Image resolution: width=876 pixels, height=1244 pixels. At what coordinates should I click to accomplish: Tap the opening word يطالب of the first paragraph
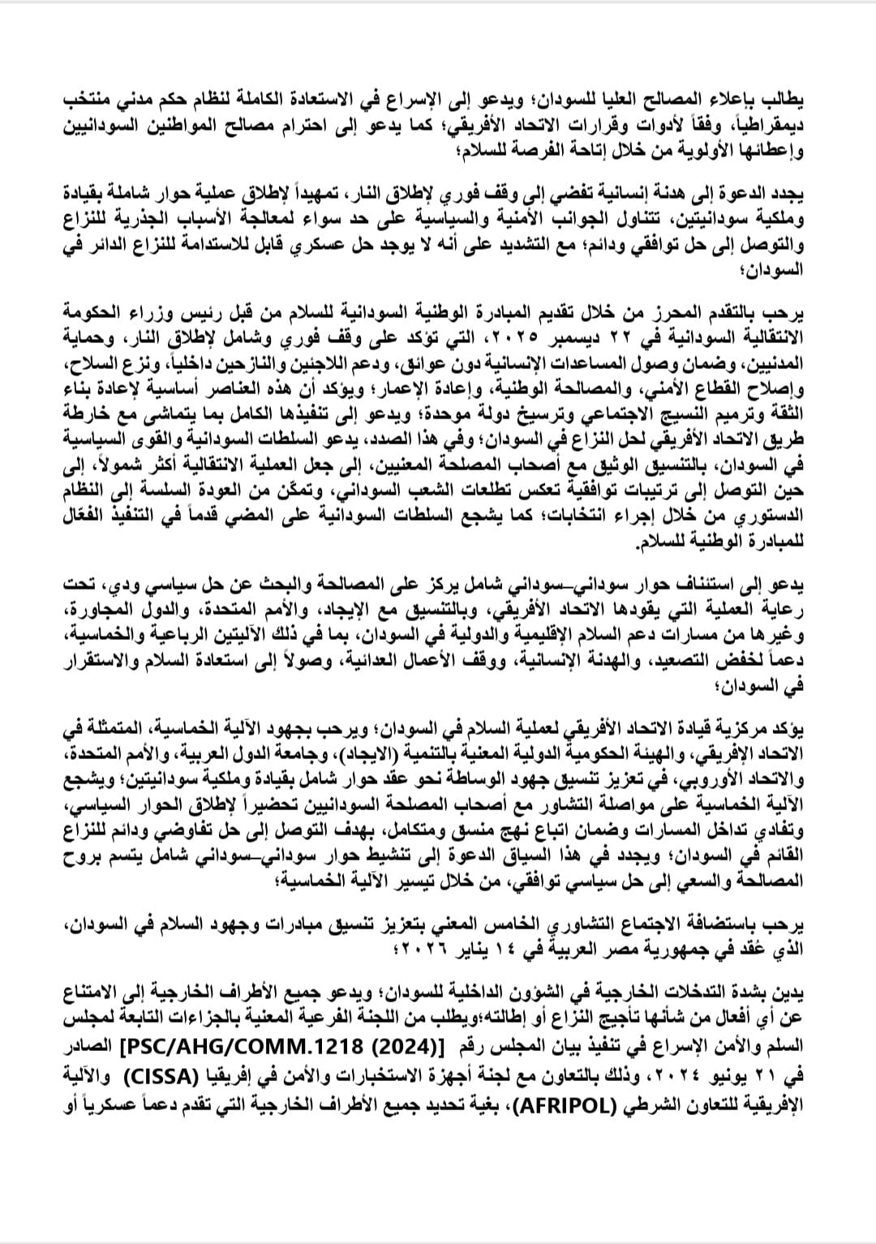point(783,101)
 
